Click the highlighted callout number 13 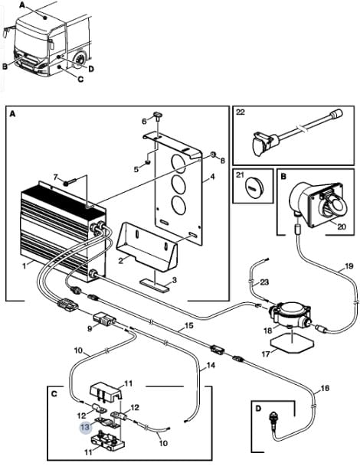pos(85,428)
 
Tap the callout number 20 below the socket pos(342,226)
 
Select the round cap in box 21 pos(252,187)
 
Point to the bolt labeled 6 pos(157,116)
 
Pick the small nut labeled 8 pos(213,155)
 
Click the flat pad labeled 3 pos(155,283)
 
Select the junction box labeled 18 pos(290,315)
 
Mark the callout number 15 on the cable pos(189,326)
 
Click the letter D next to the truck pos(91,69)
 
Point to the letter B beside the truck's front pos(5,67)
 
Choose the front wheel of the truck pos(80,60)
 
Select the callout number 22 pos(240,112)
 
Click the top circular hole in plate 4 pos(178,162)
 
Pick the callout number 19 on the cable pos(349,266)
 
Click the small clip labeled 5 pos(147,162)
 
